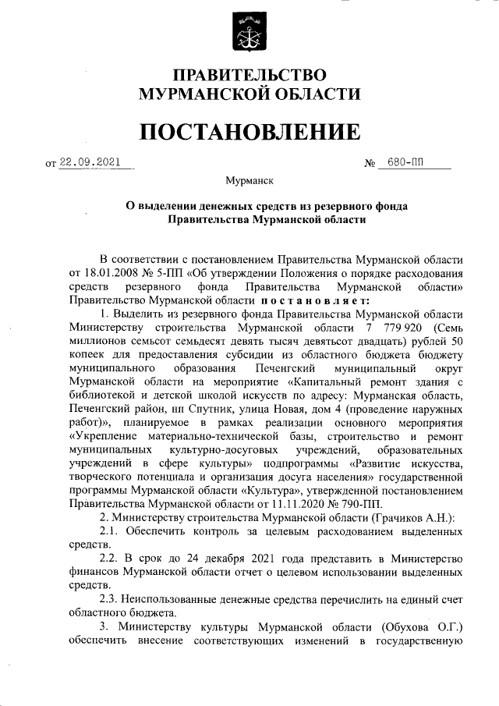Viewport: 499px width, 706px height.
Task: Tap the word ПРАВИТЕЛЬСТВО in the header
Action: click(x=249, y=76)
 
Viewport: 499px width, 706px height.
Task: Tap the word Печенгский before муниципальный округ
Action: click(x=285, y=367)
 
